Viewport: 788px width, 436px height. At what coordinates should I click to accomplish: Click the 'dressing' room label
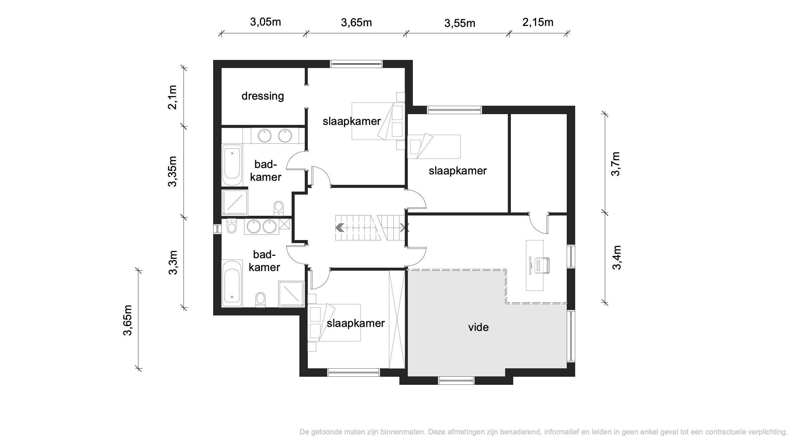263,96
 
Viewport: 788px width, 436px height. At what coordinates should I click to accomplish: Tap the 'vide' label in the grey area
478,327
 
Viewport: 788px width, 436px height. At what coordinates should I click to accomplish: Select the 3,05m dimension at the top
265,22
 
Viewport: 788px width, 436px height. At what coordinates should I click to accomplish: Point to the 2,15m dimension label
538,22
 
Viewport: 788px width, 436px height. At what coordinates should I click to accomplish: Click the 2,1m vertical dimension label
172,97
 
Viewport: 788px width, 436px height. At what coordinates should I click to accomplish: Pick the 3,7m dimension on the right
616,164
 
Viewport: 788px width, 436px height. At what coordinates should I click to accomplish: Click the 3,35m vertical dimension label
173,171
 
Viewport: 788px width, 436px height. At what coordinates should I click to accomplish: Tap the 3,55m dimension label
460,23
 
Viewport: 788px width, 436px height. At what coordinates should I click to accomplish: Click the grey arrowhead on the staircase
339,228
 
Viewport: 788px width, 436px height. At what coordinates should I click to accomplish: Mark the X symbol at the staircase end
404,228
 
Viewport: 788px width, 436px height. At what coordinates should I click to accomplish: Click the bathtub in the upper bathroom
232,165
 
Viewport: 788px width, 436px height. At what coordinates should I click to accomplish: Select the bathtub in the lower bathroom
232,283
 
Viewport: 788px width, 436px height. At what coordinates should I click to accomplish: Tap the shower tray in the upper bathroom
235,203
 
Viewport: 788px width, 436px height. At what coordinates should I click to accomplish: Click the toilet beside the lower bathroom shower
261,299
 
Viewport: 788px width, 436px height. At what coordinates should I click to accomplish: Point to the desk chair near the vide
541,265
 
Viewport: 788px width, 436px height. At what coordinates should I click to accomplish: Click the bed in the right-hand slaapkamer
434,146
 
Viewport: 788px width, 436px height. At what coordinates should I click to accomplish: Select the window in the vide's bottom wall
456,381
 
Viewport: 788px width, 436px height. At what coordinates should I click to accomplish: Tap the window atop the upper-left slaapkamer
356,64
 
